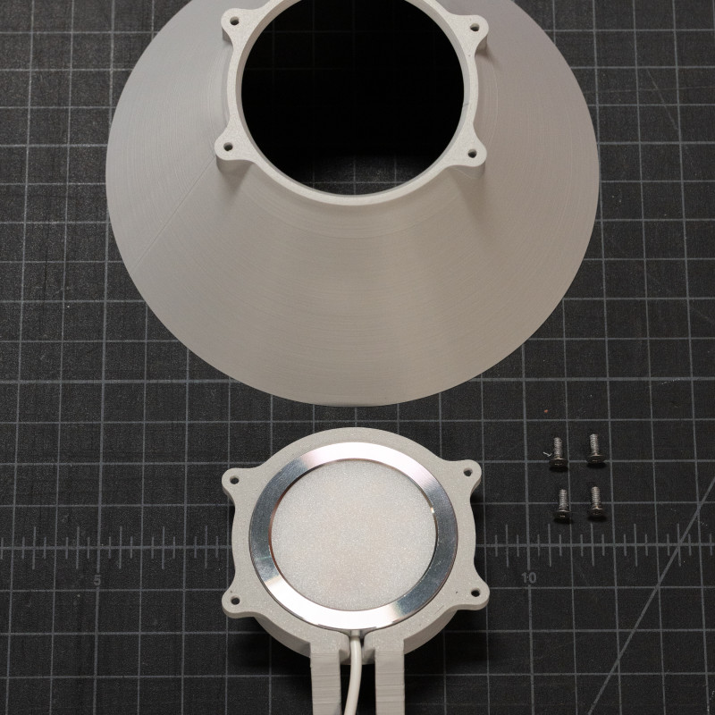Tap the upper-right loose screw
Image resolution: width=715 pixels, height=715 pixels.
tap(594, 450)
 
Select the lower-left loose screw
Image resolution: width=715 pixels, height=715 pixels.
tap(562, 505)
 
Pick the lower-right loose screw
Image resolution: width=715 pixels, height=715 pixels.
tap(596, 503)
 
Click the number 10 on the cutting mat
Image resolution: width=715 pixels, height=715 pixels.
tap(529, 578)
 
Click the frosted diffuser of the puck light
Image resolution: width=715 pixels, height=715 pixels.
tap(352, 531)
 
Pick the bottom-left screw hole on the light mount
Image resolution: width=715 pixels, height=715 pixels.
tap(238, 595)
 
